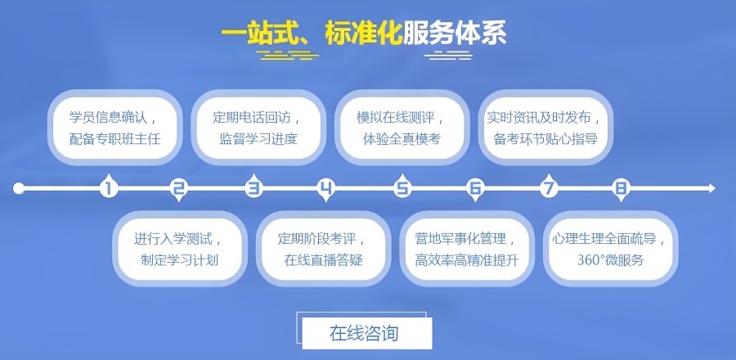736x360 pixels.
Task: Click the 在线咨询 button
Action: pyautogui.click(x=366, y=333)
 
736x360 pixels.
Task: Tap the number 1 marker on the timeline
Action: pyautogui.click(x=108, y=189)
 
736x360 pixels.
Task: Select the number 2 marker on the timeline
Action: pyautogui.click(x=179, y=189)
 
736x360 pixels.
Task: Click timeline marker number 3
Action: pyautogui.click(x=254, y=189)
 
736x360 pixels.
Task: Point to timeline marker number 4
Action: pyautogui.click(x=327, y=189)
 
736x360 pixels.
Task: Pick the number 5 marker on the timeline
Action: pyautogui.click(x=402, y=189)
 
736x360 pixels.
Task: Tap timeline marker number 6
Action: pyautogui.click(x=475, y=189)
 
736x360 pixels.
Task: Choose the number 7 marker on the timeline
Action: pyautogui.click(x=549, y=189)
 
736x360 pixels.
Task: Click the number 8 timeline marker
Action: pyautogui.click(x=621, y=189)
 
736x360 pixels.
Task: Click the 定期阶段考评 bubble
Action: pyautogui.click(x=322, y=250)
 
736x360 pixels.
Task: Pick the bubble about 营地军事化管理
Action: pyautogui.click(x=466, y=250)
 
